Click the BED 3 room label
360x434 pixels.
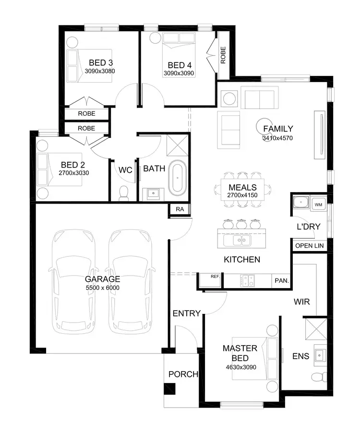(100, 62)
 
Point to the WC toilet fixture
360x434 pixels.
(124, 193)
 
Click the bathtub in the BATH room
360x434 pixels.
(178, 178)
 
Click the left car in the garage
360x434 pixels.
(73, 281)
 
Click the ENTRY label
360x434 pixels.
(186, 313)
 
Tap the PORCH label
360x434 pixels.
(183, 374)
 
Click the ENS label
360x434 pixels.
(301, 356)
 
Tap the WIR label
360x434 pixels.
(302, 302)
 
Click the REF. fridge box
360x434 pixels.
(215, 277)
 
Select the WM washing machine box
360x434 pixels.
(318, 205)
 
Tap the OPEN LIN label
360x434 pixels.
(309, 246)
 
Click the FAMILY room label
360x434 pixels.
(277, 129)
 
